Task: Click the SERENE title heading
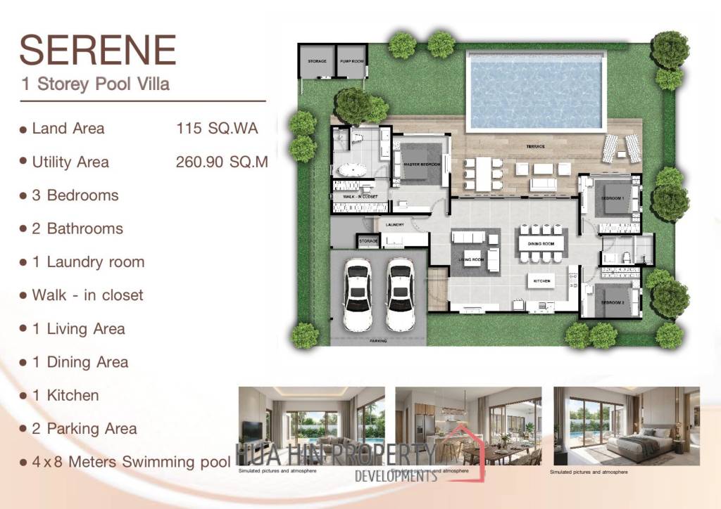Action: [x=97, y=50]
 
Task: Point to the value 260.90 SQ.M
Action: [x=221, y=162]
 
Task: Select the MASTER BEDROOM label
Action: [x=422, y=164]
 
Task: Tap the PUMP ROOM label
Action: [x=351, y=62]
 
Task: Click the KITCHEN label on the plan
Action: [x=541, y=281]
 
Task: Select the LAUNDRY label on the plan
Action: [x=394, y=225]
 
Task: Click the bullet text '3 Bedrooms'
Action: [x=75, y=195]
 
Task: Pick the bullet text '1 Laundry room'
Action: [x=88, y=262]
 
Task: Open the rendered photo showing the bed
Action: [x=627, y=426]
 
